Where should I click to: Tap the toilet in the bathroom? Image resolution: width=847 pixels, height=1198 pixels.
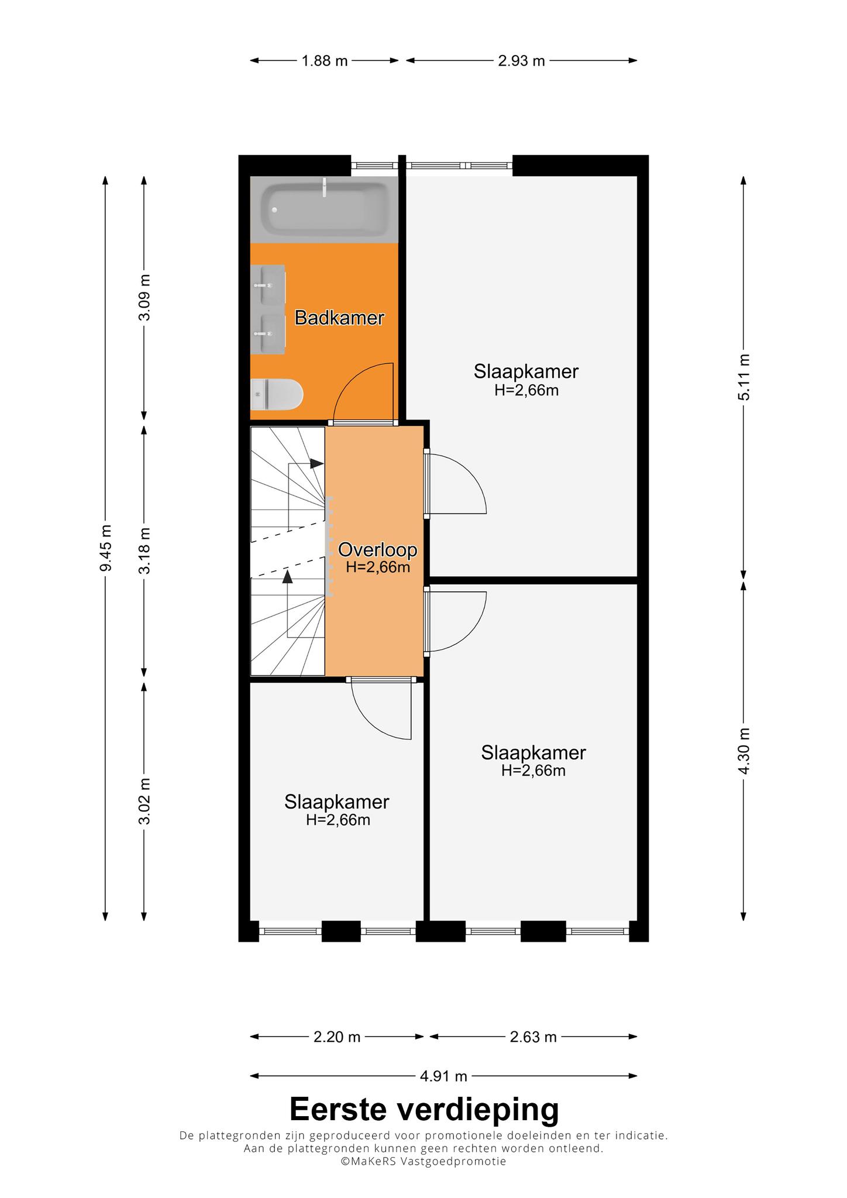click(276, 394)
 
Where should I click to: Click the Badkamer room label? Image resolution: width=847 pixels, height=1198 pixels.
click(339, 318)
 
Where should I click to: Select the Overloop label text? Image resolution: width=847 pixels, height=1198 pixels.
click(378, 550)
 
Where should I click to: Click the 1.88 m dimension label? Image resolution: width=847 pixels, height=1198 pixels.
click(325, 61)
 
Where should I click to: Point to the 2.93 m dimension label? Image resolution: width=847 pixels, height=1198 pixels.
click(521, 61)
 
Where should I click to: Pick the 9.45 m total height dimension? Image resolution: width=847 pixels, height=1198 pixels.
click(105, 549)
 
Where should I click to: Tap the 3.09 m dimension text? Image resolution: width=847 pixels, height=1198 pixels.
click(144, 297)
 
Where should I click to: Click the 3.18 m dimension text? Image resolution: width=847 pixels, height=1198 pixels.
click(144, 550)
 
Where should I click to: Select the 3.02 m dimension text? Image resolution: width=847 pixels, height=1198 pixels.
click(144, 801)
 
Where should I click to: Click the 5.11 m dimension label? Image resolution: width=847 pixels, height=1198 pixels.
click(743, 377)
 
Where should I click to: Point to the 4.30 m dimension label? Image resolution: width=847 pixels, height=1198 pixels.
click(743, 751)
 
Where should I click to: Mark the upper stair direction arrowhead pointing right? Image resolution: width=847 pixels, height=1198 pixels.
click(316, 463)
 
